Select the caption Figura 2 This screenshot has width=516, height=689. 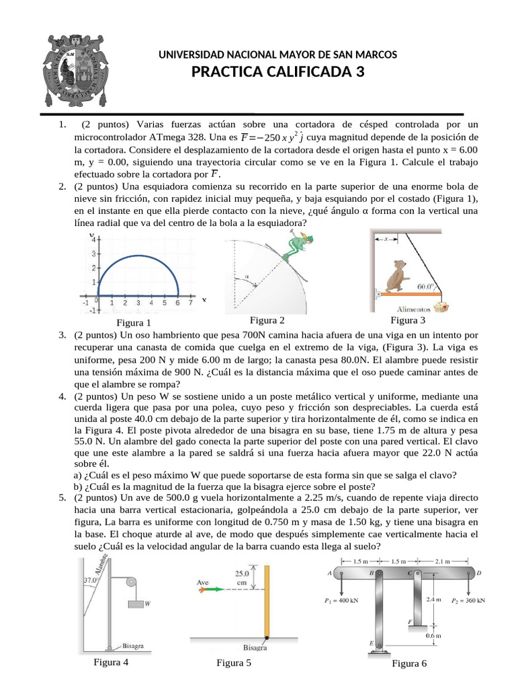267,320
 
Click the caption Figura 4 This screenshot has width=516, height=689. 112,661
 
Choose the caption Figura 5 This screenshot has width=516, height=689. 234,663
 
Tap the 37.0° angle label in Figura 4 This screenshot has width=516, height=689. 91,579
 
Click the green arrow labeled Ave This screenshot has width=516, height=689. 210,589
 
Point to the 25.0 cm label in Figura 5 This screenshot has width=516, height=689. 243,577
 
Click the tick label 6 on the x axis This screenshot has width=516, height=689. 177,303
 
